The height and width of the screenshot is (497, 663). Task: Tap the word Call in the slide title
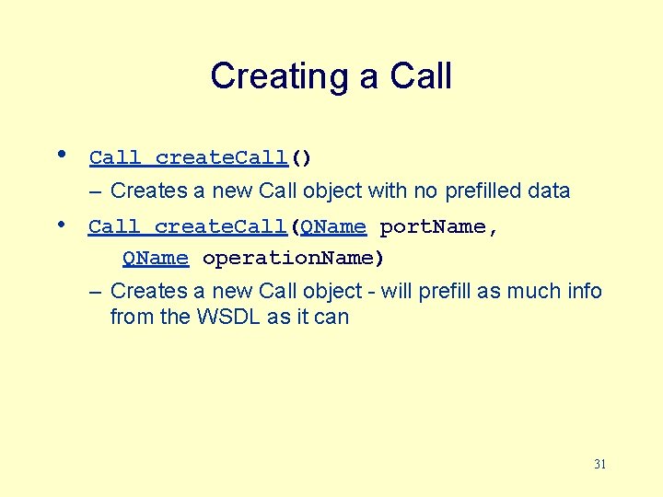click(420, 75)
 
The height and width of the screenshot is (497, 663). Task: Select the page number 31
click(599, 465)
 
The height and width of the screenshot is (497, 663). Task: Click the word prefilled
click(485, 191)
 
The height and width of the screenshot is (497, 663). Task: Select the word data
click(550, 191)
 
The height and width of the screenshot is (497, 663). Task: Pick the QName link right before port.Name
click(333, 226)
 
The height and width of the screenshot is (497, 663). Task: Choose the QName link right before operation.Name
click(156, 259)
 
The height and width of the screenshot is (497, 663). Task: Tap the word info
click(582, 292)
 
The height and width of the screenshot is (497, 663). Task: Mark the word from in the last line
click(130, 318)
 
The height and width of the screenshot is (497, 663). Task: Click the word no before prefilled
click(426, 191)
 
